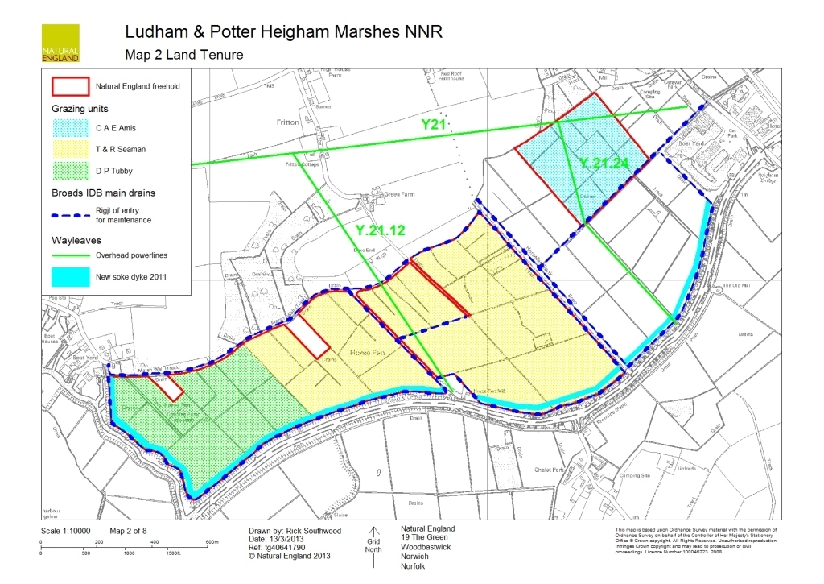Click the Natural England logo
(60, 43)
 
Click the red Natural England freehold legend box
(69, 85)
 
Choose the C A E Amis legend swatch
(69, 128)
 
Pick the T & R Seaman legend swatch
(69, 150)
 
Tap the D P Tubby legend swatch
(69, 171)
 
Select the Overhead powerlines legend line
(69, 256)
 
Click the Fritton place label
(286, 122)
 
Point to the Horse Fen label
(367, 353)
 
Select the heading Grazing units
(80, 108)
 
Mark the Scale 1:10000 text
(66, 532)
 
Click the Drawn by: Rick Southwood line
(295, 532)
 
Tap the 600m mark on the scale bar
(212, 543)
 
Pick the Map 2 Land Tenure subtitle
(183, 55)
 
